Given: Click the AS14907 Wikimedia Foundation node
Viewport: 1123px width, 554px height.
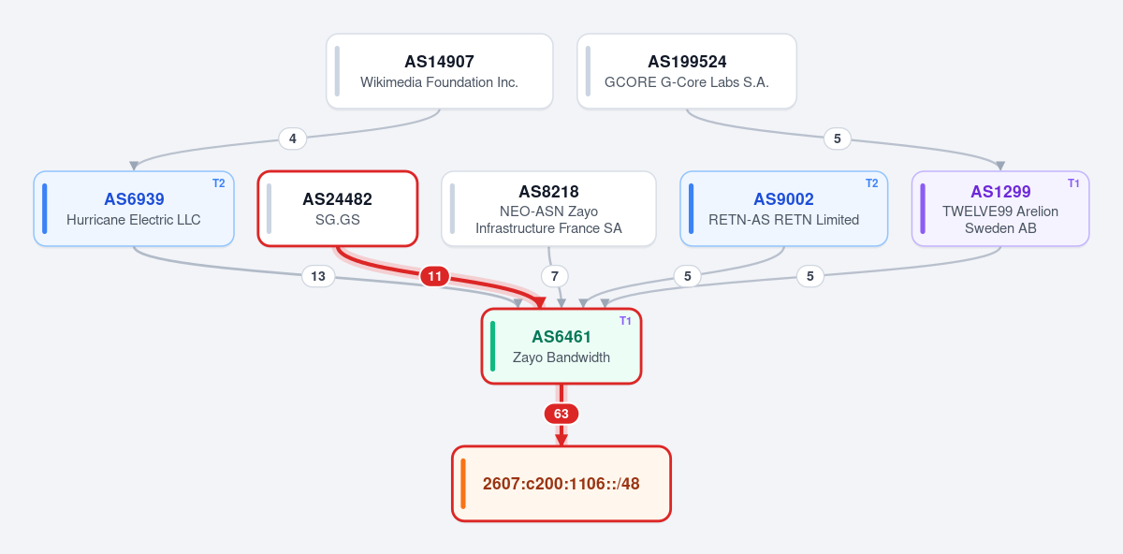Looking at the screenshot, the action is click(x=439, y=71).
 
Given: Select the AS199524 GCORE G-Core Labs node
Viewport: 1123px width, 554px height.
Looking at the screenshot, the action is click(x=687, y=71).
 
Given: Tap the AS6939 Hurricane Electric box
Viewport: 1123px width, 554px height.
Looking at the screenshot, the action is click(x=134, y=209).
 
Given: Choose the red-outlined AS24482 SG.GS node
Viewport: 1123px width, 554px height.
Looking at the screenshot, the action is click(x=338, y=209).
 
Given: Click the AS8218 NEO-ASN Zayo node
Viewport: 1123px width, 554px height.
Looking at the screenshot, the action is click(x=548, y=209).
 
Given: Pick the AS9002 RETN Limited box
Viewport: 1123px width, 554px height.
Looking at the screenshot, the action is click(x=783, y=209).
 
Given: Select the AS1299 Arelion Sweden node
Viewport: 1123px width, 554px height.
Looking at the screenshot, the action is click(x=1000, y=209).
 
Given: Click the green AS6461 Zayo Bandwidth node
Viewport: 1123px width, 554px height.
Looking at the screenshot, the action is click(x=561, y=346).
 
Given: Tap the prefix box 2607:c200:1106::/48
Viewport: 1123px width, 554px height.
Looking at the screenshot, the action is click(x=561, y=484).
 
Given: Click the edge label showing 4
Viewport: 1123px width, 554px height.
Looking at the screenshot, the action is click(x=293, y=138).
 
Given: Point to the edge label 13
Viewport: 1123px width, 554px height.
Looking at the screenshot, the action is click(x=318, y=276).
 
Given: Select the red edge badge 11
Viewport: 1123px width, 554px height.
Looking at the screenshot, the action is click(x=434, y=276).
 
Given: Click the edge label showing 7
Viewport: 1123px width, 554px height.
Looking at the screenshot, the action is click(x=554, y=276).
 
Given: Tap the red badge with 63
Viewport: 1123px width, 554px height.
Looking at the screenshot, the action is click(x=561, y=414).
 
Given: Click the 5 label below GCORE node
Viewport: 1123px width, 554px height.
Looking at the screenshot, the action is click(x=838, y=138).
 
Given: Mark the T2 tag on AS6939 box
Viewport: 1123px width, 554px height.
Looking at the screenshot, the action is click(x=219, y=183).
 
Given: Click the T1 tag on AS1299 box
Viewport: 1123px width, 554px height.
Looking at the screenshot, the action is click(x=1073, y=183).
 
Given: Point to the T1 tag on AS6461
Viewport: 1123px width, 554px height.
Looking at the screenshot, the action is click(x=625, y=321).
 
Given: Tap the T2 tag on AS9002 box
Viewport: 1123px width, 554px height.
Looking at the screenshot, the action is click(x=872, y=183).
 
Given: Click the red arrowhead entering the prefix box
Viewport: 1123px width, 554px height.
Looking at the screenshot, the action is click(x=561, y=440).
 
